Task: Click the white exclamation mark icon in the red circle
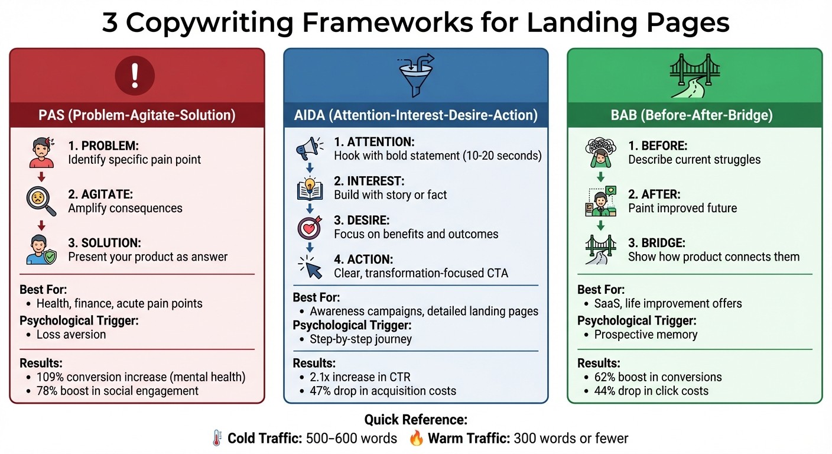point(134,76)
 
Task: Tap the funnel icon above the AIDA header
point(415,76)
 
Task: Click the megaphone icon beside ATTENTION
point(310,148)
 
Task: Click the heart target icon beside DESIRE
point(310,228)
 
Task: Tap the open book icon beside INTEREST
point(310,188)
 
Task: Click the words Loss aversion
point(71,334)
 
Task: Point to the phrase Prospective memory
point(645,335)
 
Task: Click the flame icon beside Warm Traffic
point(416,439)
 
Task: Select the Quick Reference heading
point(415,420)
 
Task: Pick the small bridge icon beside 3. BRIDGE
point(600,249)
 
